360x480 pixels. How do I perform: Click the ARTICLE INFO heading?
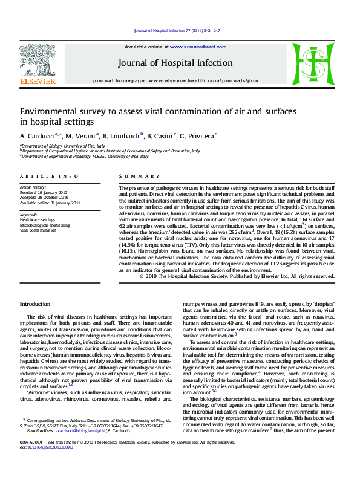[x=49, y=176]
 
